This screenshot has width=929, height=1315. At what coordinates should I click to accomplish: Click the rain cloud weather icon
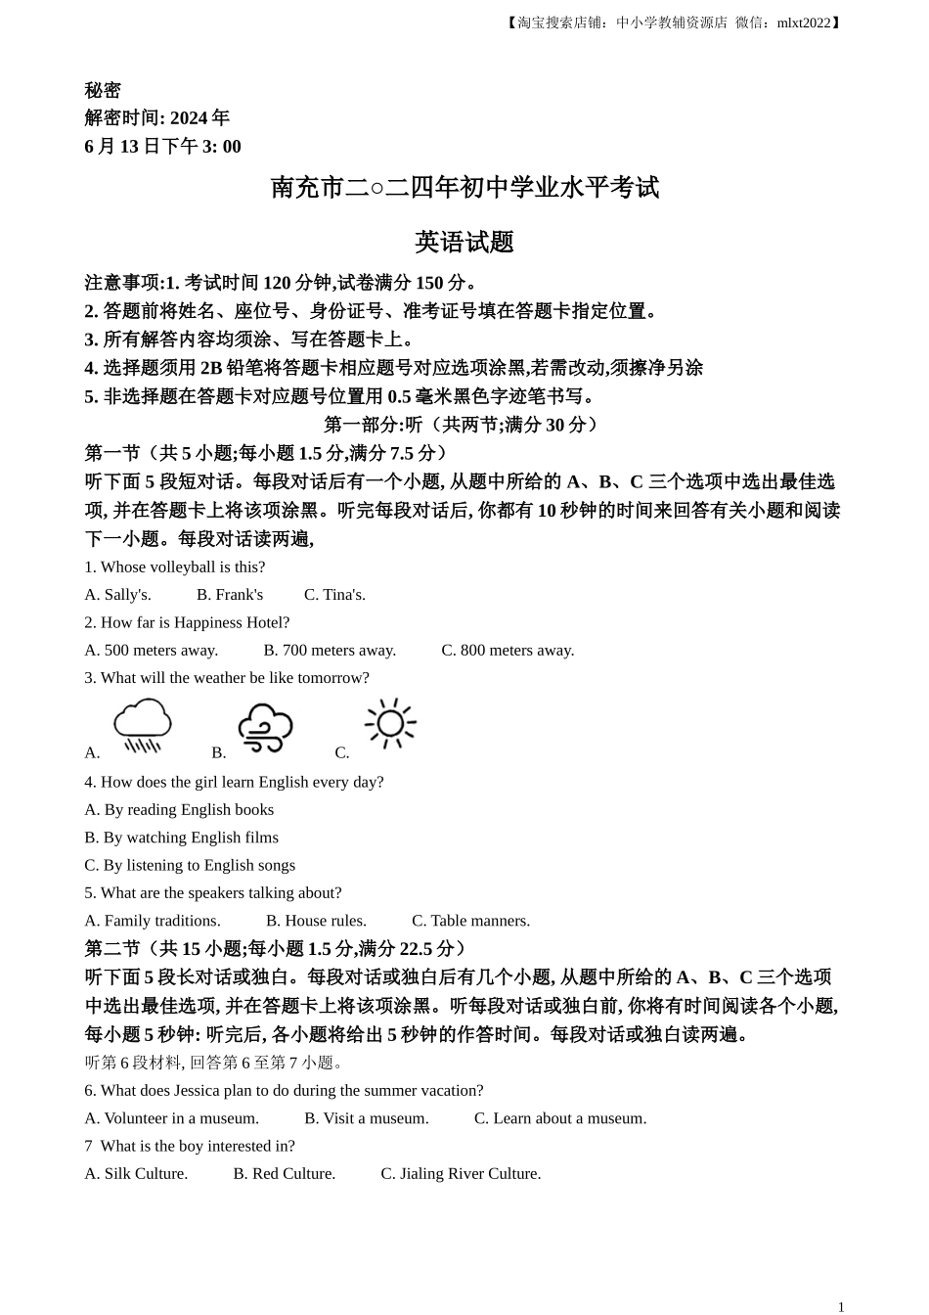[142, 725]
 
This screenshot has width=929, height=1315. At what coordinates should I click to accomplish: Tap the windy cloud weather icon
[265, 728]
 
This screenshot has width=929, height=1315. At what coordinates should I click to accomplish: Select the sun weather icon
[390, 723]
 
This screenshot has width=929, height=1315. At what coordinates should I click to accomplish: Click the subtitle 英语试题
[464, 242]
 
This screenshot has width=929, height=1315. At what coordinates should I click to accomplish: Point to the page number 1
[841, 1306]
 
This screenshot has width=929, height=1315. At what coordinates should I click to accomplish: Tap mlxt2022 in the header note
[803, 23]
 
